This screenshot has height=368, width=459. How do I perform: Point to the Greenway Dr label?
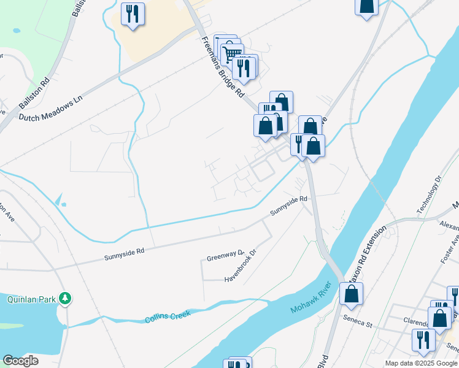click(x=225, y=254)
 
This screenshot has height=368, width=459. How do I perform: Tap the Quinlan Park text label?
click(x=30, y=299)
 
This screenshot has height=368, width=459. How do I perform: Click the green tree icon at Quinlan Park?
click(x=65, y=299)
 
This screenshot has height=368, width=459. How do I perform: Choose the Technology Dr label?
click(x=429, y=196)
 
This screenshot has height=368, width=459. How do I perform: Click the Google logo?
click(x=20, y=360)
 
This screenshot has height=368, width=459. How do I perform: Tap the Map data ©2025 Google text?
click(x=421, y=363)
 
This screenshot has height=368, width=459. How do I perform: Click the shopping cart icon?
click(x=232, y=53)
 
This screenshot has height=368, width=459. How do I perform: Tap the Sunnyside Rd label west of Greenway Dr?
click(x=124, y=250)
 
